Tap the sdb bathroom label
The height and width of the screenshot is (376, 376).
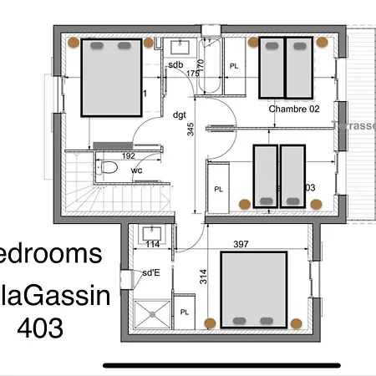pos(175,64)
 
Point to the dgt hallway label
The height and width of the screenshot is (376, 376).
pos(179,114)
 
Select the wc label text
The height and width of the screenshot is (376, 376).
pos(136,170)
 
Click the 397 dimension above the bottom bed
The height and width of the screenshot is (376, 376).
pos(265,244)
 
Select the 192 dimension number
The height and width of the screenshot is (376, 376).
pos(128,155)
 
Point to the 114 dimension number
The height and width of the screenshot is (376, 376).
pos(153,244)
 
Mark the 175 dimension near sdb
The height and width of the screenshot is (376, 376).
pos(193,74)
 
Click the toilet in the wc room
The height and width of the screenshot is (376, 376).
pos(108,168)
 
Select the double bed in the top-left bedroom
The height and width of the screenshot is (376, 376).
pos(111,76)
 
